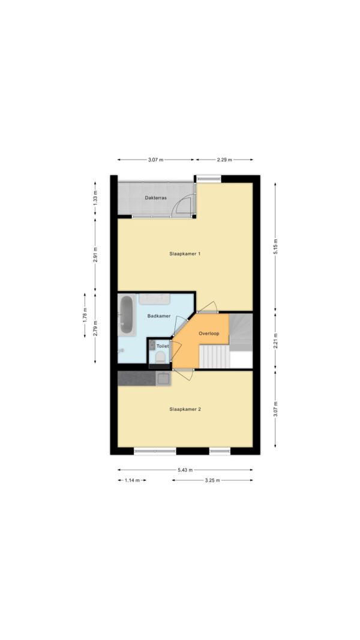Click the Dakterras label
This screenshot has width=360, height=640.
coord(155,198)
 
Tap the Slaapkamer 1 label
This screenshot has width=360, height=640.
coord(184,254)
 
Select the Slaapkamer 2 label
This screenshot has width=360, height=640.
coord(184,409)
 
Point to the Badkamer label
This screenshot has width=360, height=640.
coord(159,316)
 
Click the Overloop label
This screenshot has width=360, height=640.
coord(209,333)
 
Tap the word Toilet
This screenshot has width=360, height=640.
coord(163,345)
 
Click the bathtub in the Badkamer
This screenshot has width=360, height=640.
coord(126,315)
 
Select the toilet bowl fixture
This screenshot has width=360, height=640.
coord(160,357)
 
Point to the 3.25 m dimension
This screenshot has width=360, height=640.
coord(212,480)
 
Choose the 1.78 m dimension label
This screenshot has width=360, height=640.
coord(85,315)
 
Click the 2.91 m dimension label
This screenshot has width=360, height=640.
coord(95,255)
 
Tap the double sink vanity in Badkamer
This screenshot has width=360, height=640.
coord(154,298)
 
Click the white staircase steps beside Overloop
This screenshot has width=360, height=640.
coord(214,357)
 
